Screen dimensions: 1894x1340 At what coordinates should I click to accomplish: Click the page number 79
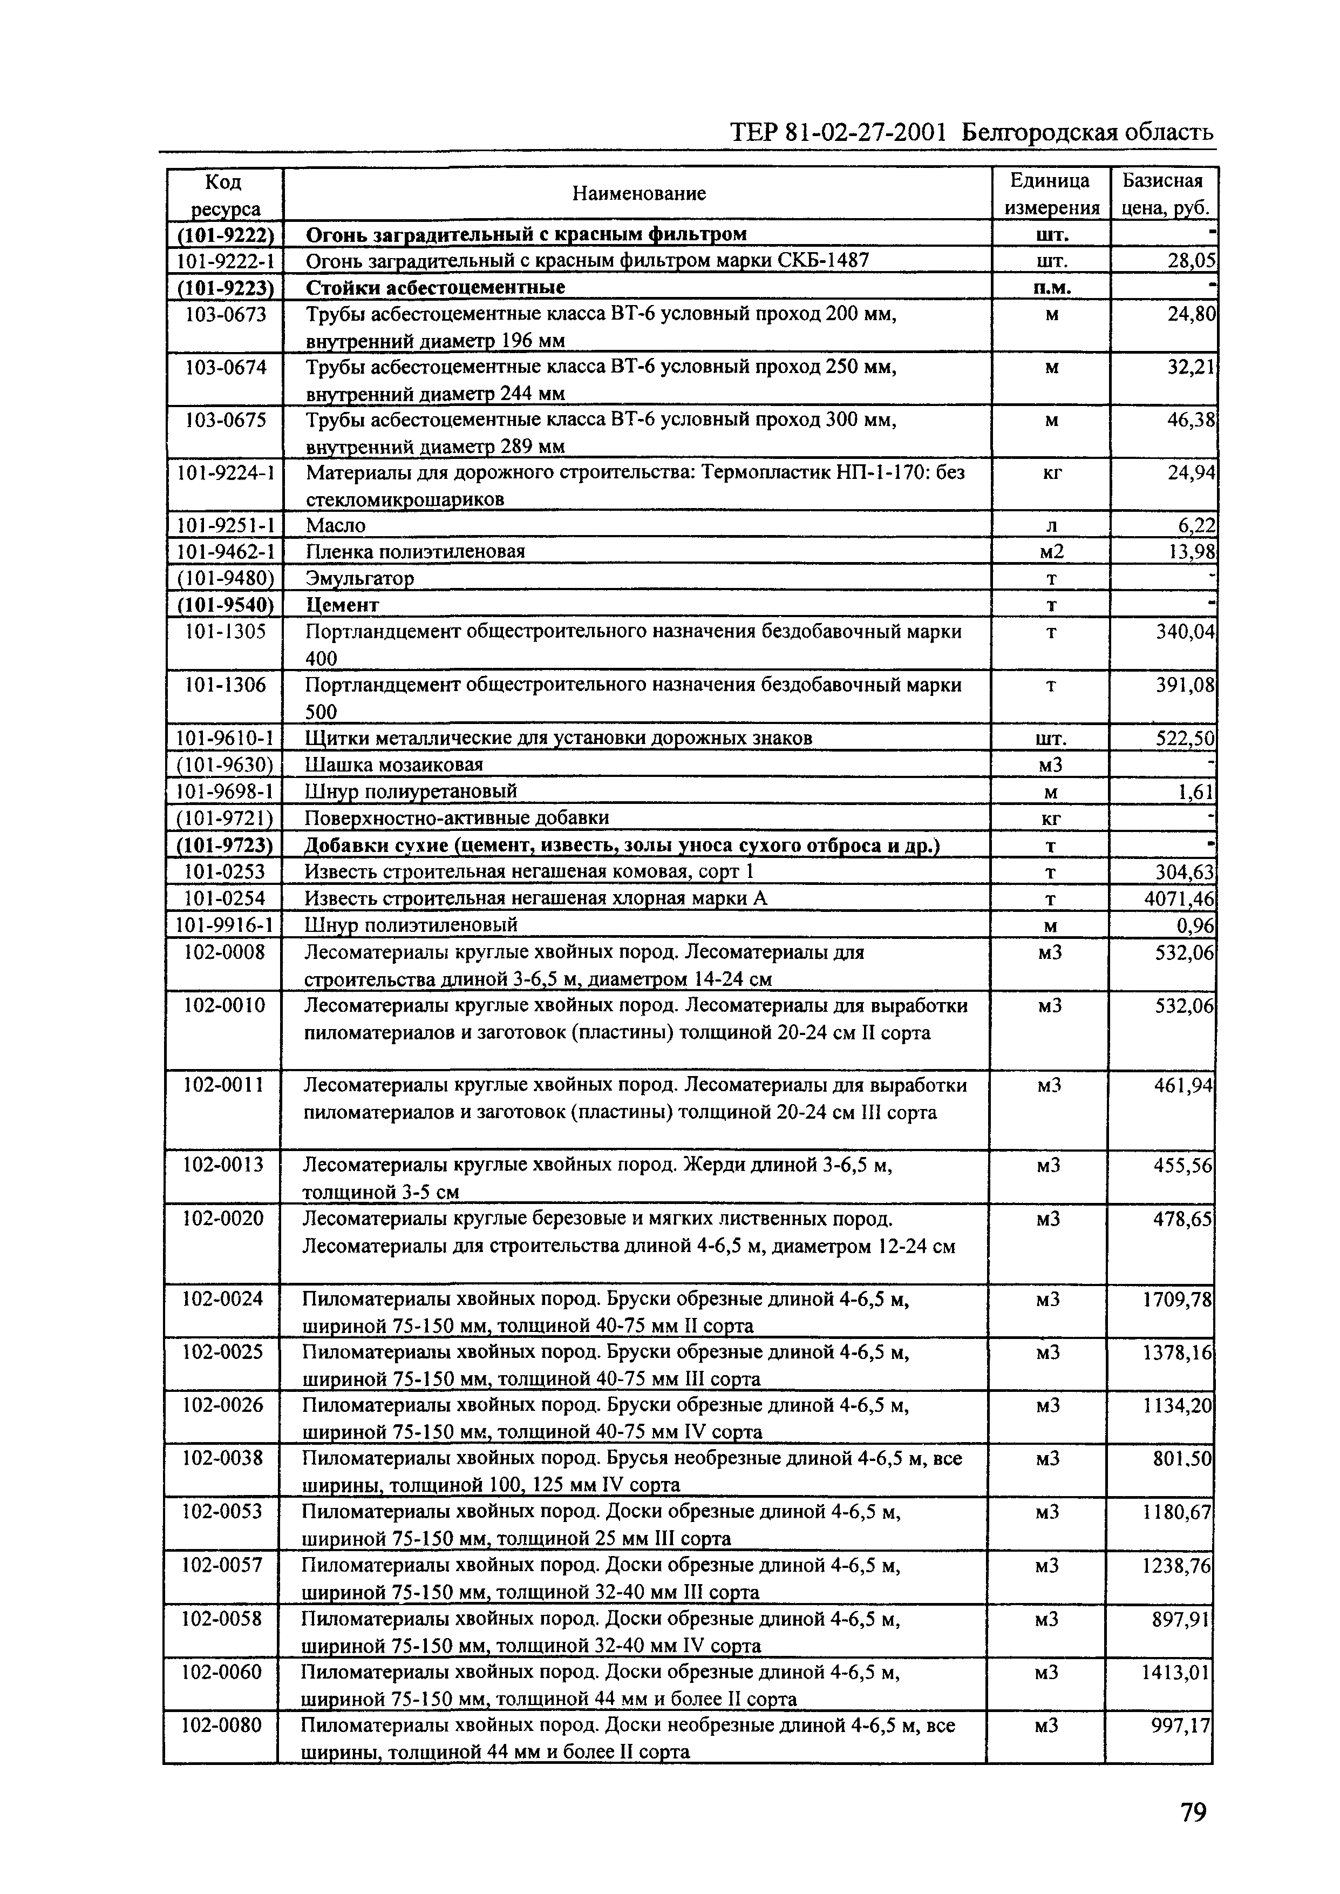pyautogui.click(x=1192, y=1813)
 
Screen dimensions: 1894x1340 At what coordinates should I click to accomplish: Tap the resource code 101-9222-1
pyautogui.click(x=225, y=261)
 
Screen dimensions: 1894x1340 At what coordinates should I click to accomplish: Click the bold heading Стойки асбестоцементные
pyautogui.click(x=435, y=287)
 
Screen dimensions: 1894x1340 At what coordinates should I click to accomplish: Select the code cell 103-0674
pyautogui.click(x=225, y=367)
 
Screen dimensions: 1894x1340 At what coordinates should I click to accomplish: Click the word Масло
pyautogui.click(x=335, y=526)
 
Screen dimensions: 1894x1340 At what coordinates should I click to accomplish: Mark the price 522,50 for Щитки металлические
pyautogui.click(x=1185, y=739)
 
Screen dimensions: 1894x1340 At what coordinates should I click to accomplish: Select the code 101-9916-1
pyautogui.click(x=225, y=924)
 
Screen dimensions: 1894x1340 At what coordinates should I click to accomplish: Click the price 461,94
pyautogui.click(x=1183, y=1085)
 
